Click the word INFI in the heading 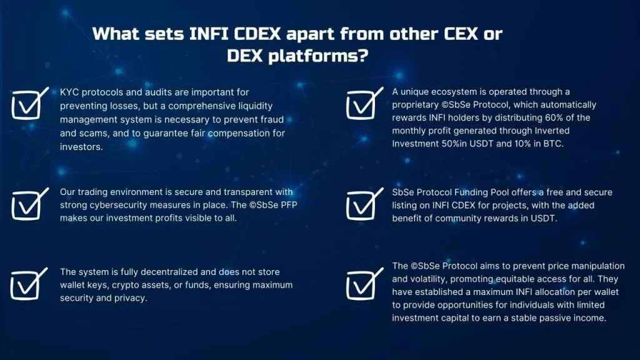[x=209, y=34]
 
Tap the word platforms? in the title [x=318, y=56]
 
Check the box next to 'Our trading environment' [x=30, y=204]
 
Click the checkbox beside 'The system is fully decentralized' [x=29, y=284]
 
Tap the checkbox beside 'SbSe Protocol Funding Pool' [x=365, y=204]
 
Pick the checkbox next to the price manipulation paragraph [x=365, y=284]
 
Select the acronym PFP [x=289, y=205]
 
